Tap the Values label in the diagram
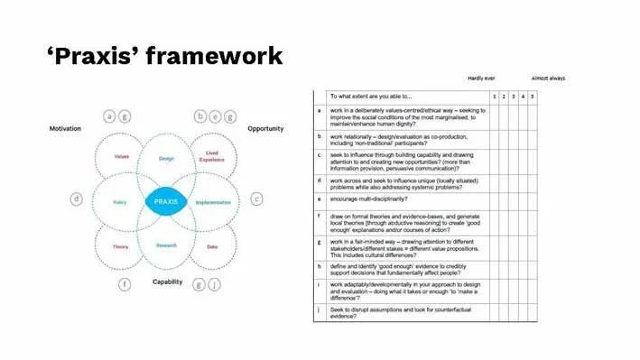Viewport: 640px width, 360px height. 121,157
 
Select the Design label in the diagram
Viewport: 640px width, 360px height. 166,158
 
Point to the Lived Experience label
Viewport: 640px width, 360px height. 212,156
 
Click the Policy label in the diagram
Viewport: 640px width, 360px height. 119,202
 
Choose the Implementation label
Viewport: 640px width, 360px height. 214,202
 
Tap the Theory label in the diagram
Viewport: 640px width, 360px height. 120,246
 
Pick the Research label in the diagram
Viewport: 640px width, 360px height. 166,245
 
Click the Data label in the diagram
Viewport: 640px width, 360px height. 212,246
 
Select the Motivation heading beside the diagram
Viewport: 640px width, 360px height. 65,129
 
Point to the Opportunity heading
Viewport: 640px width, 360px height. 265,129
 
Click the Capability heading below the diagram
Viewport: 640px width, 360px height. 167,282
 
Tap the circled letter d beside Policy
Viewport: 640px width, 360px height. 77,198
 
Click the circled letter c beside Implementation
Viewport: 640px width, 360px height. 256,198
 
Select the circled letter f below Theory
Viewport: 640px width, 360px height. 125,284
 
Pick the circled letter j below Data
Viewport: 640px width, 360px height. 214,284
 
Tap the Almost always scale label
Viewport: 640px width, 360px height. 548,78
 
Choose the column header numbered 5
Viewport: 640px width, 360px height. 532,96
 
